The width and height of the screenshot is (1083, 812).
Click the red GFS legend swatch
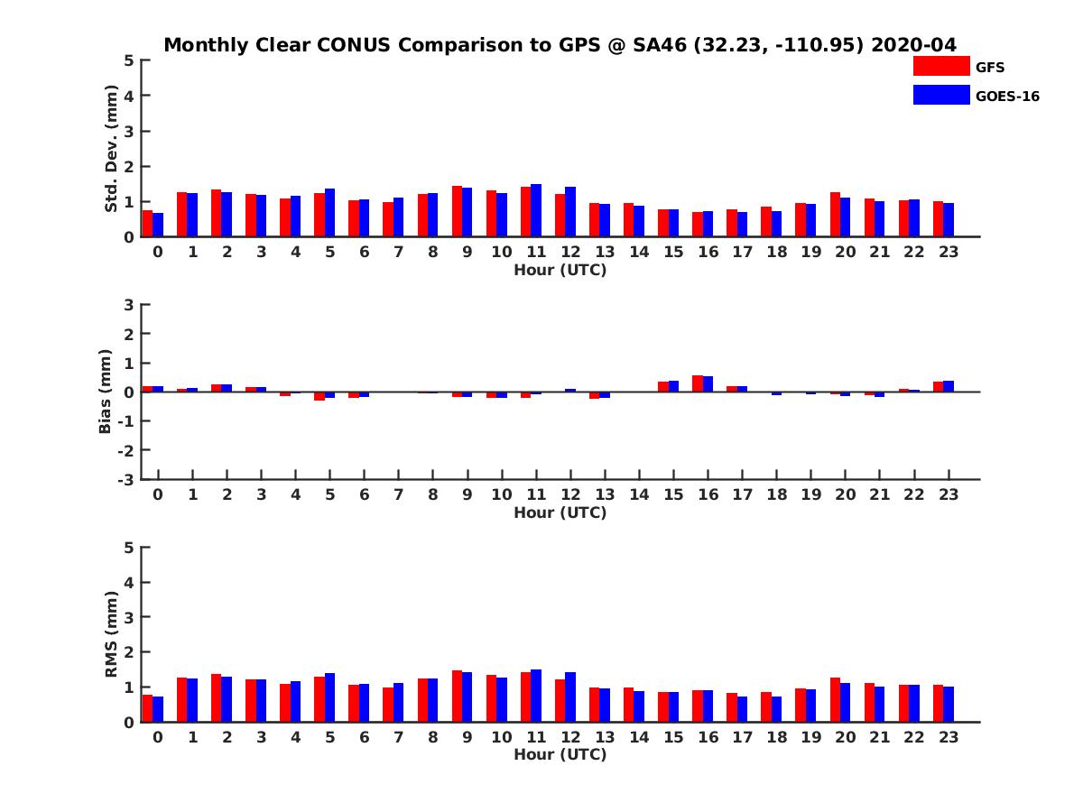940,66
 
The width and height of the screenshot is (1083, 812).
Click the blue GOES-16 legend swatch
940,95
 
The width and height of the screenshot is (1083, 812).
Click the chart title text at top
560,45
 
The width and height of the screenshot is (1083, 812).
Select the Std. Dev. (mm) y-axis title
111,149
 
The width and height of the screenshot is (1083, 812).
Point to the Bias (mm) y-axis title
106,392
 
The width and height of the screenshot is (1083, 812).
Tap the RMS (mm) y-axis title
111,634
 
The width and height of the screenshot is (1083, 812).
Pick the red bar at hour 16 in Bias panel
698,383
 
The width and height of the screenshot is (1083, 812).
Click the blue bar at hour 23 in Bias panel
949,386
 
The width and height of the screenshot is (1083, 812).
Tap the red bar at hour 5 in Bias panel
319,396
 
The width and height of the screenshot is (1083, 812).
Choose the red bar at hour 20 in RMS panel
835,700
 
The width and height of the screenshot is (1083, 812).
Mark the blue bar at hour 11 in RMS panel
536,696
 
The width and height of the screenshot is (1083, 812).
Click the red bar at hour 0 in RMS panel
147,708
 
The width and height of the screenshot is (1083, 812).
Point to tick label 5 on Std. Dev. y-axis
130,60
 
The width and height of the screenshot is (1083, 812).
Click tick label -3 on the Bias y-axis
126,479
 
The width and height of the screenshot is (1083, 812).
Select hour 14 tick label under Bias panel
639,494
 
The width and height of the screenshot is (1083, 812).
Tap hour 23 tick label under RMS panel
948,736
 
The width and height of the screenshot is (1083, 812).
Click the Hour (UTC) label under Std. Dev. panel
560,270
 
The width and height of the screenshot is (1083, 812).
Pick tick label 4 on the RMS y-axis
130,582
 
